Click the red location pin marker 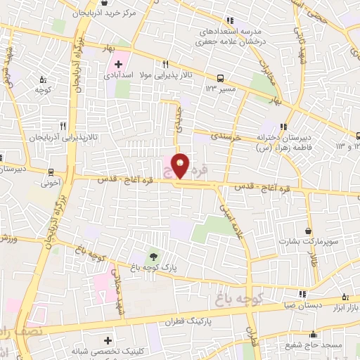click(181, 166)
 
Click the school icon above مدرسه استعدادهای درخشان click(229, 21)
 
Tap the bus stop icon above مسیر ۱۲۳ click(222, 78)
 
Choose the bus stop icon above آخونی click(51, 172)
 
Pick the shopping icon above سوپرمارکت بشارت click(309, 231)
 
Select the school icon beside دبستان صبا click(302, 295)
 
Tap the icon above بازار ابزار click(345, 298)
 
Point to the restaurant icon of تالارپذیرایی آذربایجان click(63, 127)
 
